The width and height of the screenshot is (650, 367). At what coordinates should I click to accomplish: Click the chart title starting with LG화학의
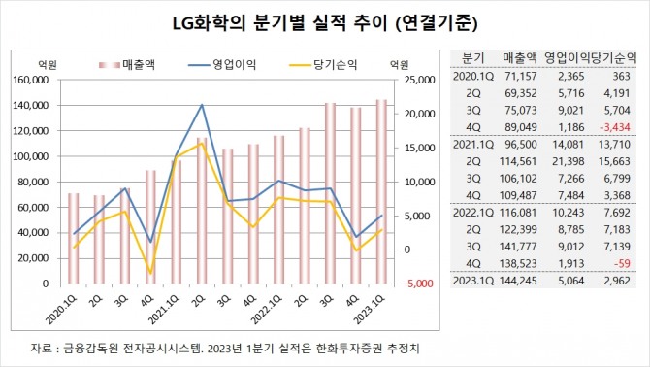point(325,21)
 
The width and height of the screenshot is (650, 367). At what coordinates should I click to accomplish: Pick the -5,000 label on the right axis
point(411,284)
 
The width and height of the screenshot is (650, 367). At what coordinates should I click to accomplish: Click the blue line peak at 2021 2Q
point(202,105)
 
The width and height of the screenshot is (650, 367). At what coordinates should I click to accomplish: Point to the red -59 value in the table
point(626,265)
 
